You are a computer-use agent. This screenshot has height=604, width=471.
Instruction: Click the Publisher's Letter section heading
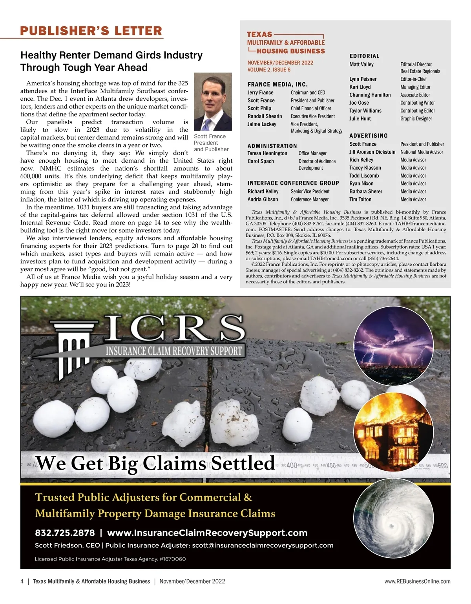(x=91, y=31)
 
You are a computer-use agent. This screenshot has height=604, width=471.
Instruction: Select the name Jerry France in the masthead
(x=260, y=93)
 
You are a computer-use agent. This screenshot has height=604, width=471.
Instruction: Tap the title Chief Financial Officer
(x=311, y=109)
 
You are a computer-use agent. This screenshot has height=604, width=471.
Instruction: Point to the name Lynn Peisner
(x=363, y=79)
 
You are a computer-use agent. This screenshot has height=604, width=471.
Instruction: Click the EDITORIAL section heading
(x=364, y=56)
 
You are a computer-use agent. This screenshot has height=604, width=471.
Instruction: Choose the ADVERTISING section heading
(x=368, y=136)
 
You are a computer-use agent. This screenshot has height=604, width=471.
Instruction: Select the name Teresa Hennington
(x=267, y=153)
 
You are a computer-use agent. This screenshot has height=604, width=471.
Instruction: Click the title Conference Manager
(x=310, y=200)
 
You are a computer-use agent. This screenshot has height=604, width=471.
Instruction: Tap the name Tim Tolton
(x=360, y=200)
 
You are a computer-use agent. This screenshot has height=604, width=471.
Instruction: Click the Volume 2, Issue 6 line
(x=269, y=70)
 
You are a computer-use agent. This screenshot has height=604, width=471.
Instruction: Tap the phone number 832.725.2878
(x=65, y=533)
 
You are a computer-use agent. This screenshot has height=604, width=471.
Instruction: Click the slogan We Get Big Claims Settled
(x=155, y=463)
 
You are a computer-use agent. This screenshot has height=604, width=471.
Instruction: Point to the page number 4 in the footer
(x=22, y=582)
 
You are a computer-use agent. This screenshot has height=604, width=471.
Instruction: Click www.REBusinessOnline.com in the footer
(x=417, y=582)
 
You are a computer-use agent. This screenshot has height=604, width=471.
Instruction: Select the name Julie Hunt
(x=360, y=119)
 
